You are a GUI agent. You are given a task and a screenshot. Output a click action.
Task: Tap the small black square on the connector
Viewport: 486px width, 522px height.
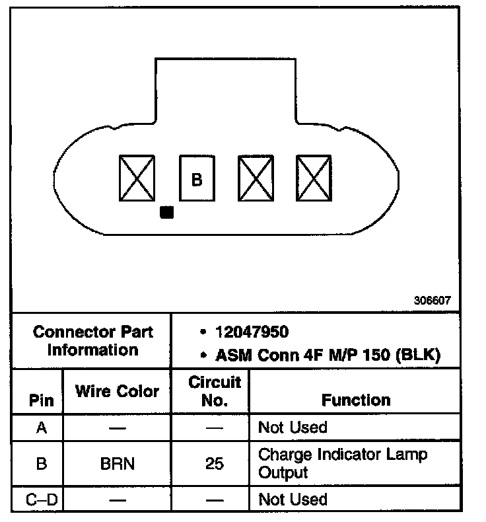coord(167,212)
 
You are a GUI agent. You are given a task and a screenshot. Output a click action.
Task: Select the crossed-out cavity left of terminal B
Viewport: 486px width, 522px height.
coord(137,178)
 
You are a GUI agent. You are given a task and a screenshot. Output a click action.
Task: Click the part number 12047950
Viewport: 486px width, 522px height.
coord(252,332)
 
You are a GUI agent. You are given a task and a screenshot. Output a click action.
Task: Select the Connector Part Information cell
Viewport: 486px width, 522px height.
coord(92,340)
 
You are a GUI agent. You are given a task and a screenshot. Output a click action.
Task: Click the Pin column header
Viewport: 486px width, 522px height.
coord(38,400)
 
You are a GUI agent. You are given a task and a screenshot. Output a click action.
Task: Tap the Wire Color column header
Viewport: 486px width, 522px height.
coord(117,391)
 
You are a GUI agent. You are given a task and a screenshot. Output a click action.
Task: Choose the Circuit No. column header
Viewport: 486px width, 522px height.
coord(214,391)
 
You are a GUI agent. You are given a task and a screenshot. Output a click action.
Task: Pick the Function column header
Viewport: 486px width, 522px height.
coord(356,400)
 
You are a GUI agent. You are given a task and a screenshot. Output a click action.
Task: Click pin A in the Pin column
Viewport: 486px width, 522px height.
coord(41,428)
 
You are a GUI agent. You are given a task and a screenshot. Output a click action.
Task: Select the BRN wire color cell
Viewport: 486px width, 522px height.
coord(118,464)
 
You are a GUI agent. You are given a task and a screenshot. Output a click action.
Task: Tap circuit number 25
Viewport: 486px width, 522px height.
coord(214,464)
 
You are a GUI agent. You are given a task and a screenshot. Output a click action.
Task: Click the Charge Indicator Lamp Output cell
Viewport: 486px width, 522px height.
coord(343,463)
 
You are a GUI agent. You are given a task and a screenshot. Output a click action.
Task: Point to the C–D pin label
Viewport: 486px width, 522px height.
coord(42,499)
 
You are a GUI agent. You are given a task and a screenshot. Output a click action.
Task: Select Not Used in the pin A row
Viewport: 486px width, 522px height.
coord(293,428)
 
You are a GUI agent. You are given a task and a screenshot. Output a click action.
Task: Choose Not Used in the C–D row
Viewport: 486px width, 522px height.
coord(293,499)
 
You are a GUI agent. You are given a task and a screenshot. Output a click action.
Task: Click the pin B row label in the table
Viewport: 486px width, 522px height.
coord(41,464)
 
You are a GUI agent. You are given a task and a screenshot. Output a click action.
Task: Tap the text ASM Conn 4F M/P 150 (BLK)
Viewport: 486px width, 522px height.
coord(328,355)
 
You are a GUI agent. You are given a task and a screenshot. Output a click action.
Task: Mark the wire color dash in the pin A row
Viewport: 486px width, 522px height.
coord(118,428)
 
